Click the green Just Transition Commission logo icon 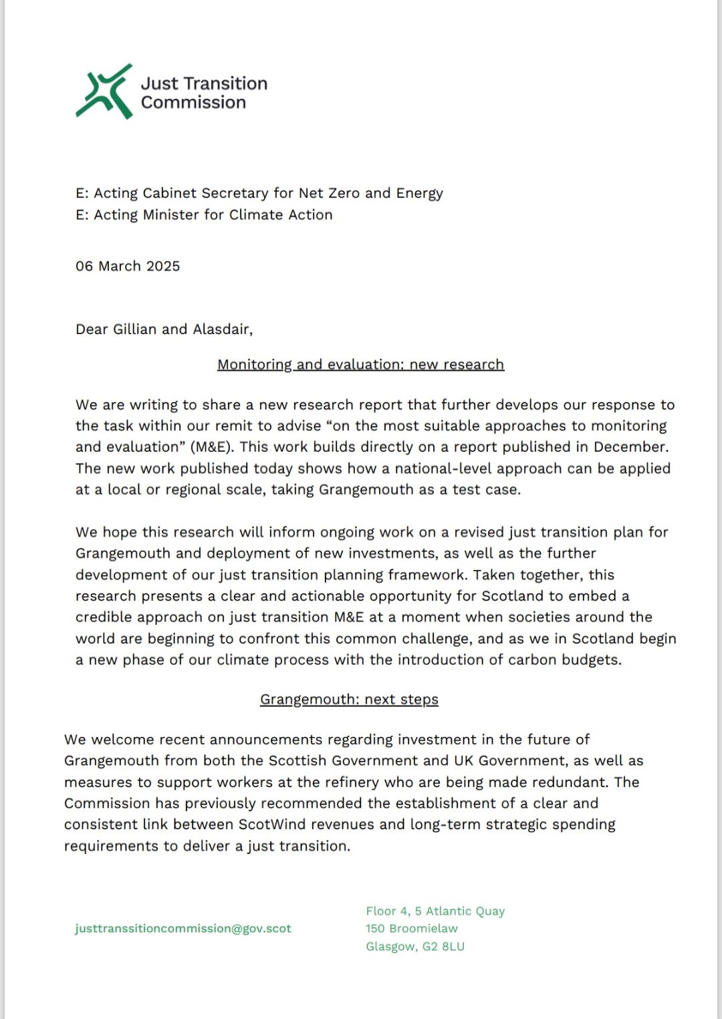pos(104,92)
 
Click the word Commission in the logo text pos(193,102)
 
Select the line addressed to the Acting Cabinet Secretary pos(259,193)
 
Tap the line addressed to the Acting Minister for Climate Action pos(204,214)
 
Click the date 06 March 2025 pos(128,266)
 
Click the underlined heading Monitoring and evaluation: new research pos(360,364)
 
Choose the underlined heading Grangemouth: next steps pos(349,699)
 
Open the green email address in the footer pos(183,928)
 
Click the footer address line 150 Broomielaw pos(411,928)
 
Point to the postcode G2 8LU pos(443,946)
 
